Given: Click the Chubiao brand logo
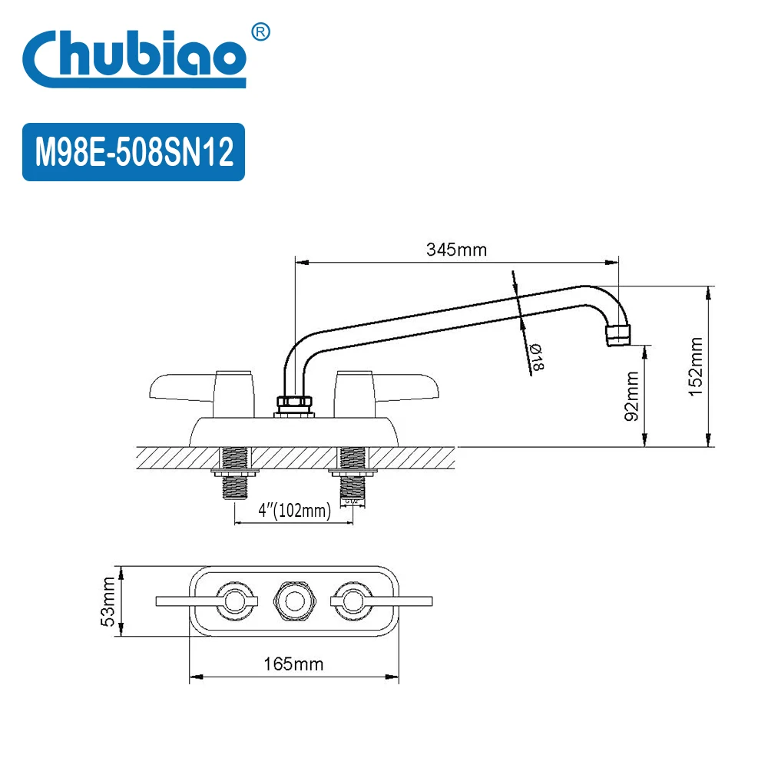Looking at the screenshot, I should pos(134,58).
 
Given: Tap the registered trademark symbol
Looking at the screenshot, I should pos(261,31).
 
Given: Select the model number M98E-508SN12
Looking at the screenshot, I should pos(134,152).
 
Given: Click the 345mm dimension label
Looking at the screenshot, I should pos(456,250).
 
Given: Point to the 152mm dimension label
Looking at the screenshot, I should pos(695,366).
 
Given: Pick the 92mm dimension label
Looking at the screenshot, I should pos(631,396).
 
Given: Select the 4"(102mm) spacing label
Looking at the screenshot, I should pos(294,510).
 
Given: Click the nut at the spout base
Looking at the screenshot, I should pos(295,403).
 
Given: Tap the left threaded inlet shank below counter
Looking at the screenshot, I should pos(233,476).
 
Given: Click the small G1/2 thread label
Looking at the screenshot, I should pos(353,501).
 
